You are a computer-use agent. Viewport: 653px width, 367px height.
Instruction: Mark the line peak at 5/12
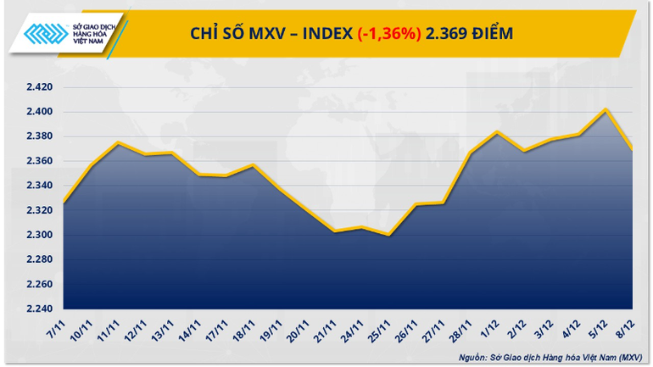coord(606,109)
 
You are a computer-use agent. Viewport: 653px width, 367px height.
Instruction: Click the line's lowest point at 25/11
coord(389,235)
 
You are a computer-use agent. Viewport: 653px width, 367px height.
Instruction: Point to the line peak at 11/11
coord(117,142)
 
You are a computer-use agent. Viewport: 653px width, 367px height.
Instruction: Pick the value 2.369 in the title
coord(449,33)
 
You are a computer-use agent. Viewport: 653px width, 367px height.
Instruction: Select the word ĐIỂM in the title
coord(495,33)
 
